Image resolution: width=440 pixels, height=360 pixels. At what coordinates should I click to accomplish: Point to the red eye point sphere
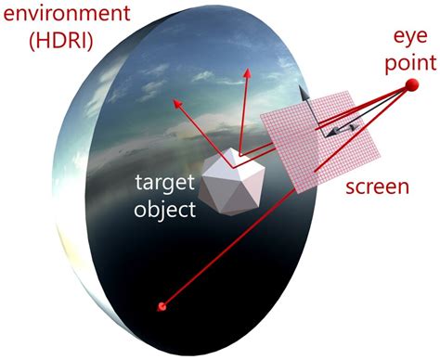(409, 87)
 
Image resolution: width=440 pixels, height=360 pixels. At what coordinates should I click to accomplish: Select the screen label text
(375, 186)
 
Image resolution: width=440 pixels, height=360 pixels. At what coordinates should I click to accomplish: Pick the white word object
(165, 209)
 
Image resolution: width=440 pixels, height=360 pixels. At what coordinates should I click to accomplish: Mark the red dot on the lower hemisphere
(163, 305)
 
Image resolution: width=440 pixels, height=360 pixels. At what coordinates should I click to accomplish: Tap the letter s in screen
(350, 187)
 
